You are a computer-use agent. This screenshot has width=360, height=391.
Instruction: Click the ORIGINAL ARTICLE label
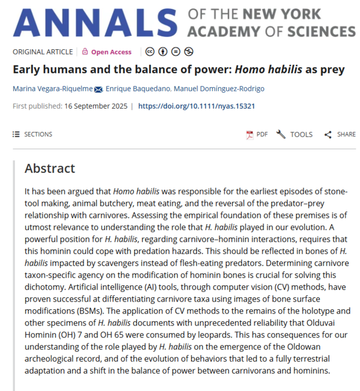click(x=43, y=52)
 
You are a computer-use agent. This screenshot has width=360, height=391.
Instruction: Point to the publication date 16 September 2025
click(x=97, y=106)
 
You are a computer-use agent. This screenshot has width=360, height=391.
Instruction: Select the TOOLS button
click(x=295, y=135)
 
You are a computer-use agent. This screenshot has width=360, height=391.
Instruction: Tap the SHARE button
click(x=340, y=135)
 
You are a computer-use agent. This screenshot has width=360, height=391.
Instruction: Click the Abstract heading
click(x=50, y=169)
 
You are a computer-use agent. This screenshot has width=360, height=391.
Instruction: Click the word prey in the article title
click(x=333, y=70)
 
